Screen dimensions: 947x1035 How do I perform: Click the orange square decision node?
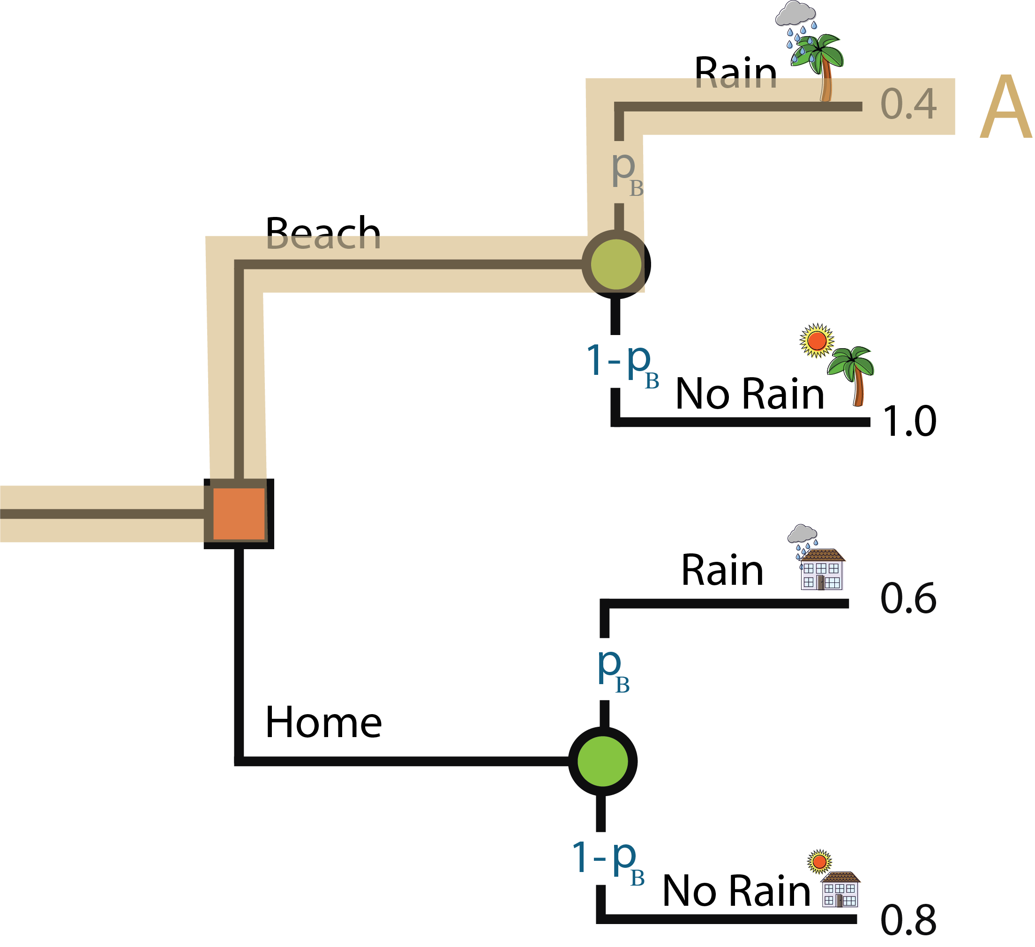click(239, 514)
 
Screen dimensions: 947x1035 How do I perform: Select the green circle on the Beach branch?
click(616, 264)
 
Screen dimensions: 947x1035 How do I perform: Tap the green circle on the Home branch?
click(603, 761)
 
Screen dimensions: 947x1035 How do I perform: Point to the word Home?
click(323, 722)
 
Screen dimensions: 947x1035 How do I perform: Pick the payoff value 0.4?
click(908, 104)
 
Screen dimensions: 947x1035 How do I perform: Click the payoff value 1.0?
click(909, 421)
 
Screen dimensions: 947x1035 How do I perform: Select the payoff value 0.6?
click(908, 598)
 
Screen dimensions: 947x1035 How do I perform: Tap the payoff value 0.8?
click(908, 920)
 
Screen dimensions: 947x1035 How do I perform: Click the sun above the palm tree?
click(817, 340)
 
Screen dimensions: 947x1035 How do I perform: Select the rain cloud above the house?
click(802, 534)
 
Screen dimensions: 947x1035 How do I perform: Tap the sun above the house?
click(819, 861)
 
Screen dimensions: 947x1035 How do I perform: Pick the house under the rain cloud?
click(822, 570)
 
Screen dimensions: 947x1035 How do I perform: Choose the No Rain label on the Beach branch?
click(750, 394)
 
